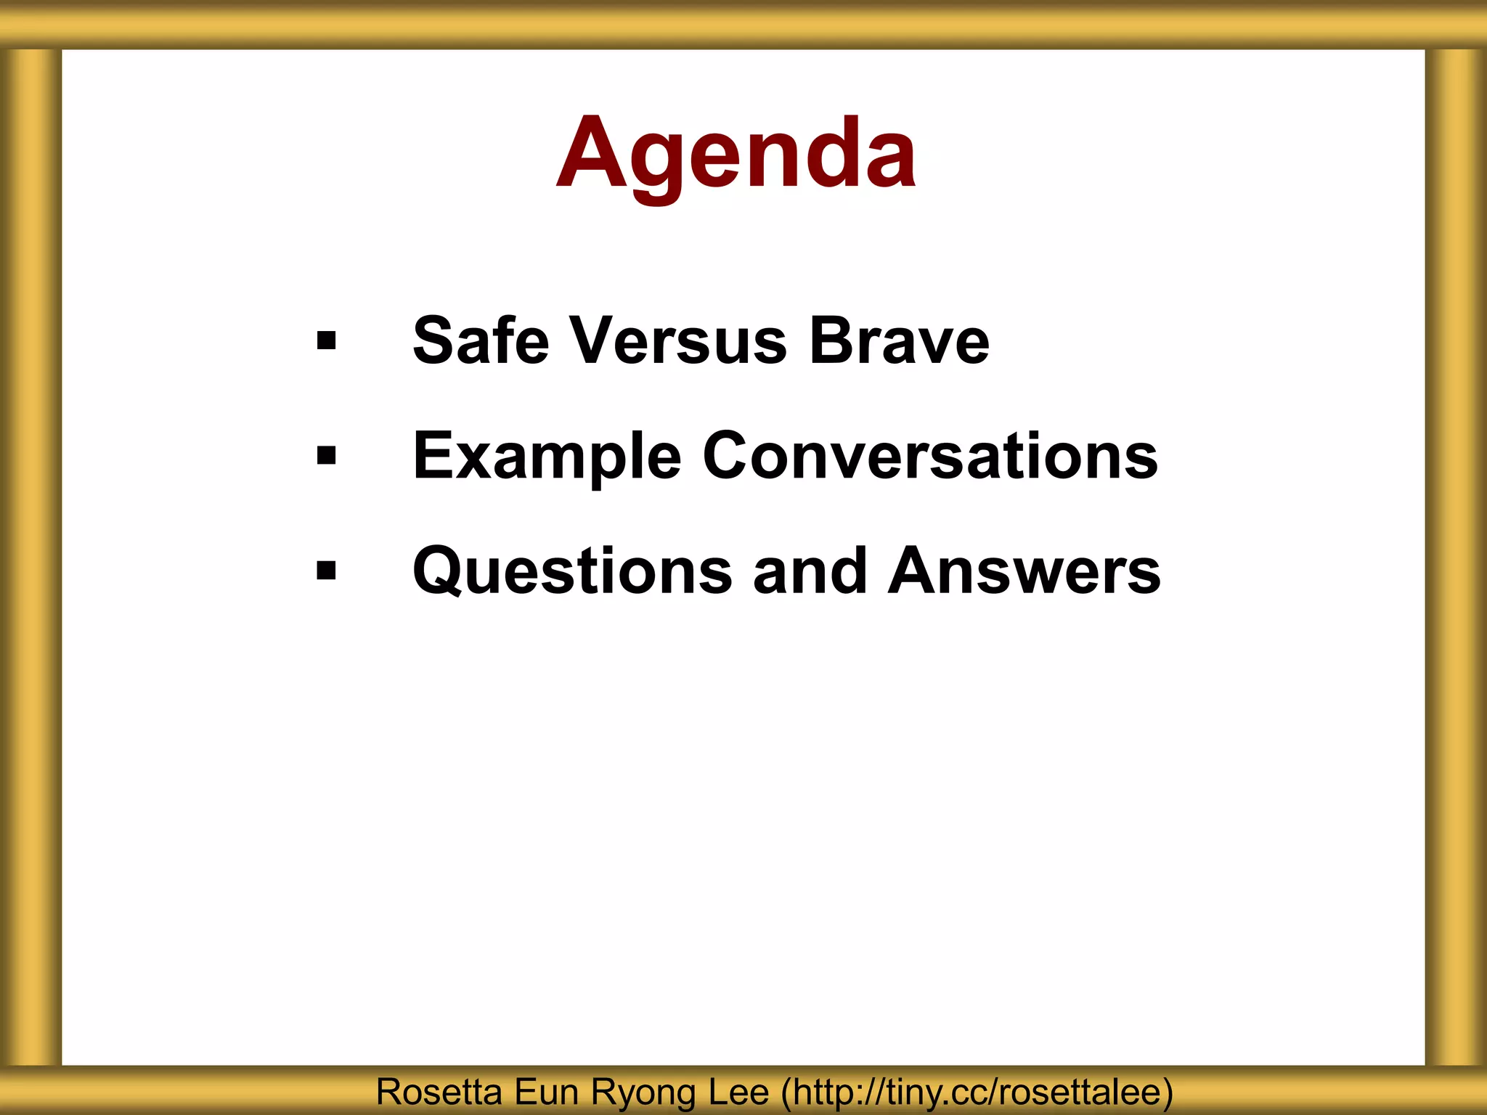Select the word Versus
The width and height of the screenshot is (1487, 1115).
(x=678, y=340)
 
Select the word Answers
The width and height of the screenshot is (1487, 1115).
(x=1024, y=572)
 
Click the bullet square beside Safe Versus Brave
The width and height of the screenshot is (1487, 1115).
(x=327, y=340)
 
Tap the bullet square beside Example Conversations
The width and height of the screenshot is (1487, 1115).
(x=327, y=456)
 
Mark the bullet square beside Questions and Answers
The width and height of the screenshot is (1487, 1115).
(x=327, y=571)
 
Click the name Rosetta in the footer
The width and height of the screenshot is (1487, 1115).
(x=439, y=1092)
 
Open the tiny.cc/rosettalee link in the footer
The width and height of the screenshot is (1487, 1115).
(x=977, y=1092)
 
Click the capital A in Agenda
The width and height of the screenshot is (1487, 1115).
(x=593, y=154)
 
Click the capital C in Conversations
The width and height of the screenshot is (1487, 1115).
(x=728, y=456)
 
